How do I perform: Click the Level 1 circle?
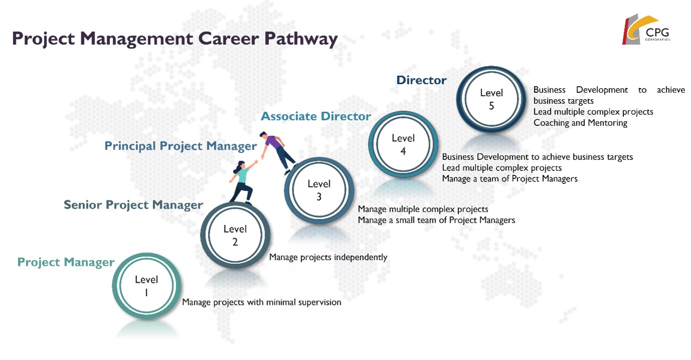click(146, 286)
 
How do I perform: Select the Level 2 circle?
click(235, 236)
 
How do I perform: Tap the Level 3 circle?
click(319, 191)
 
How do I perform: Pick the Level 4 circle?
click(403, 144)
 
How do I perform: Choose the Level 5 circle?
click(491, 99)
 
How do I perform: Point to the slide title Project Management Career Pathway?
click(174, 39)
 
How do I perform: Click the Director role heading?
click(421, 80)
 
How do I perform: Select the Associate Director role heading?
click(316, 116)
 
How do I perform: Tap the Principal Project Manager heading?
click(180, 146)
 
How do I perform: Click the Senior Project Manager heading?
click(133, 205)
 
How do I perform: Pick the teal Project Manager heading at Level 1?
click(66, 262)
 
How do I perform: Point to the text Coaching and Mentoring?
click(580, 123)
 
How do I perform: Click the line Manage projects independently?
click(328, 257)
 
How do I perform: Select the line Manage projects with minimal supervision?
click(261, 302)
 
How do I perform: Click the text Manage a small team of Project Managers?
click(436, 220)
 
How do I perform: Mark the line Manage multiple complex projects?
click(423, 209)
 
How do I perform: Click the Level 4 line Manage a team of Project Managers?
click(510, 178)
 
